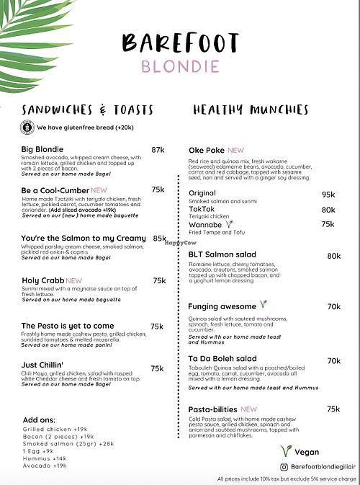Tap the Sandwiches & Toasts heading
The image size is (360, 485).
[x=87, y=110]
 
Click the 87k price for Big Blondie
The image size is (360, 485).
[x=158, y=150]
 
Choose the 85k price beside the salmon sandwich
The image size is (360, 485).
[x=160, y=238]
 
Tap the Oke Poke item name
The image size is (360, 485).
[x=207, y=150]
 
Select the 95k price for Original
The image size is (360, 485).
[x=328, y=195]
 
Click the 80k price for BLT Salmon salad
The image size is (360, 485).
[x=333, y=256]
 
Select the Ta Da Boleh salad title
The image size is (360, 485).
[x=222, y=358]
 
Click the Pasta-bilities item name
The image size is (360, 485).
[x=212, y=409]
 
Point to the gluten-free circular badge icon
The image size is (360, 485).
[x=27, y=128]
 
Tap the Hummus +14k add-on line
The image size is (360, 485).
[x=45, y=457]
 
